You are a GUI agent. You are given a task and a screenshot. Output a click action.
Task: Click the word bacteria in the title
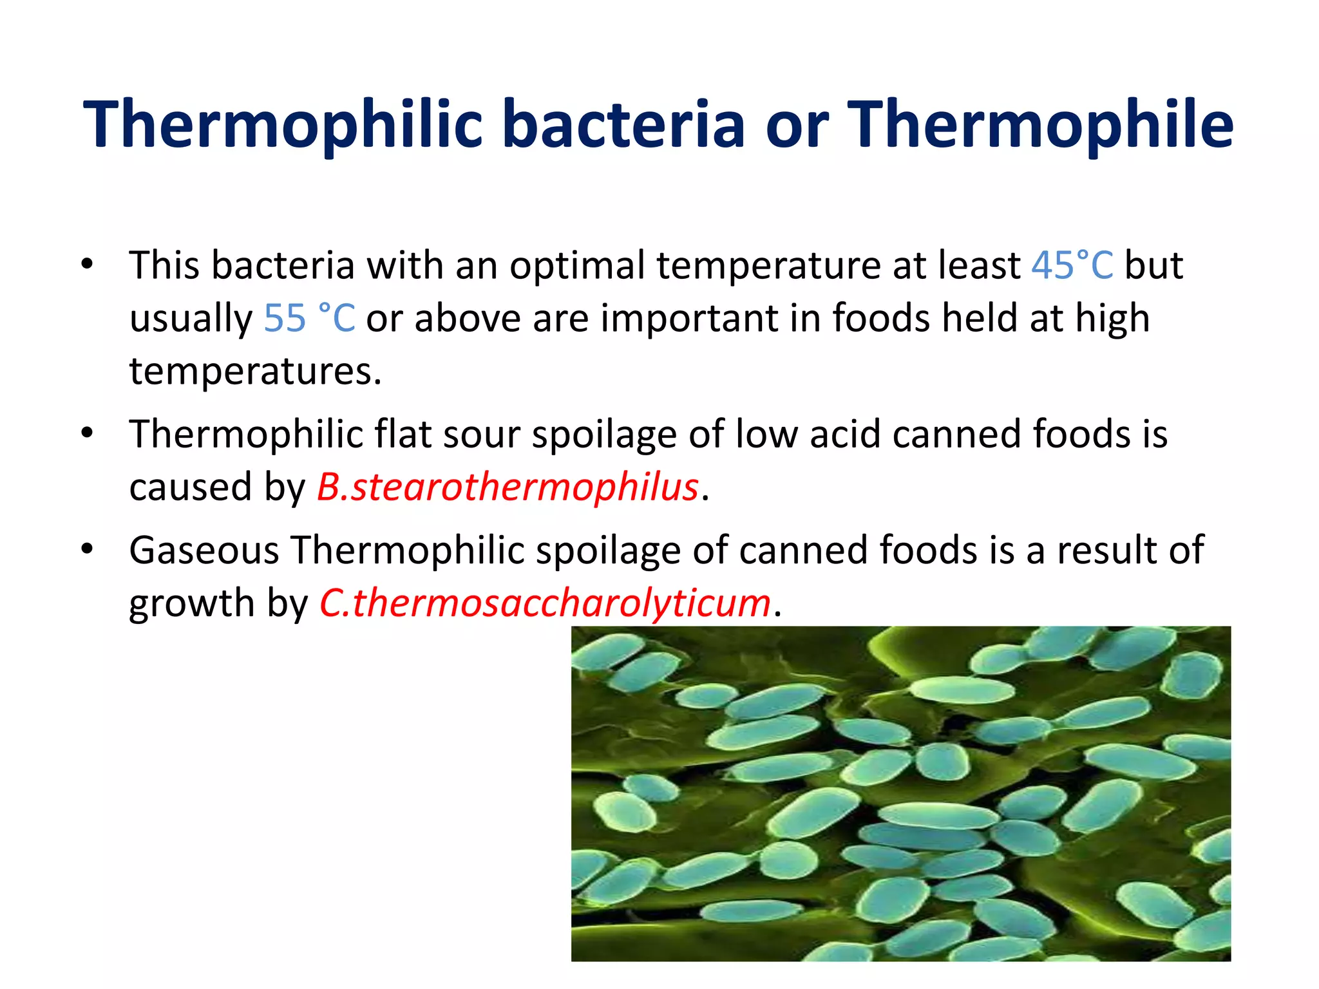[x=623, y=124]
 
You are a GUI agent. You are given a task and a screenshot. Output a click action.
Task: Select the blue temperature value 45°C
[x=1072, y=265]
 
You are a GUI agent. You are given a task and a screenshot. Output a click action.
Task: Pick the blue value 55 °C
[x=309, y=318]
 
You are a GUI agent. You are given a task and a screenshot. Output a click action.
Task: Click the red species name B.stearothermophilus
[x=508, y=487]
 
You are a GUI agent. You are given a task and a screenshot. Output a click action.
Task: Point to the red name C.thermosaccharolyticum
[x=545, y=603]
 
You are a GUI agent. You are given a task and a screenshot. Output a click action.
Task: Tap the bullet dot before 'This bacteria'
[x=88, y=265]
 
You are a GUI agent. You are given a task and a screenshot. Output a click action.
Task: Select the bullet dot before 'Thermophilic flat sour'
[x=88, y=433]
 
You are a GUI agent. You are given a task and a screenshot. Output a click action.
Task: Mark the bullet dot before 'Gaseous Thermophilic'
[x=88, y=549]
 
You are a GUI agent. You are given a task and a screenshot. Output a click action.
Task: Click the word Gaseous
[x=204, y=551]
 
